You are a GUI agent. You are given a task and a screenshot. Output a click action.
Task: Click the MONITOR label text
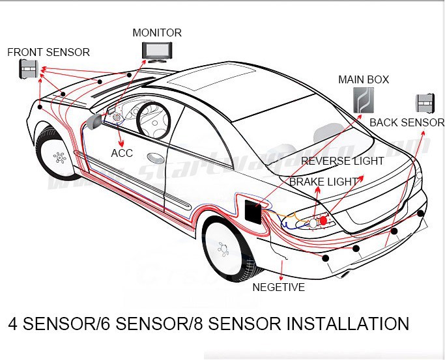click(157, 33)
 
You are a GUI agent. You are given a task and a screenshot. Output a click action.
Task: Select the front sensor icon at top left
click(28, 68)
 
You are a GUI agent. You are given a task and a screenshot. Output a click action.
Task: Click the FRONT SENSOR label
click(49, 52)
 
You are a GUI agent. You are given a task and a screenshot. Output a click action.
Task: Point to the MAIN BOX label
click(364, 79)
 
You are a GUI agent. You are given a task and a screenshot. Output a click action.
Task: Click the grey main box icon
click(364, 101)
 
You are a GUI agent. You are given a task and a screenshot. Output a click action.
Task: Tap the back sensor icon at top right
click(425, 104)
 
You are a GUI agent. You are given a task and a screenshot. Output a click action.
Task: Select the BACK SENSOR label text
click(407, 122)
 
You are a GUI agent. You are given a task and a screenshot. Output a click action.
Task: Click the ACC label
click(122, 153)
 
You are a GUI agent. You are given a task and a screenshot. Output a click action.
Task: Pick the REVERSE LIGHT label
click(343, 161)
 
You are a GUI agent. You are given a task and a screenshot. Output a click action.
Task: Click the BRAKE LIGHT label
click(324, 182)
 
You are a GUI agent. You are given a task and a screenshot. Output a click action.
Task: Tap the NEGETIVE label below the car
click(278, 286)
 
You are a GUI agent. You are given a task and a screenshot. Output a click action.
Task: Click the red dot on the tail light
click(323, 221)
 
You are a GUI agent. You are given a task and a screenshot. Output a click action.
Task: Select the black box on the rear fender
click(253, 213)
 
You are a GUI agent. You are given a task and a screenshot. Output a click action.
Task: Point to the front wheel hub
click(60, 157)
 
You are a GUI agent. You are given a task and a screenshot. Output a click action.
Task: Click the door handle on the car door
click(156, 158)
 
